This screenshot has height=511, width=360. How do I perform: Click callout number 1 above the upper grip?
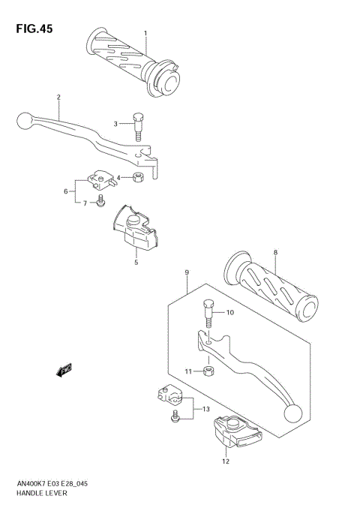point(145,32)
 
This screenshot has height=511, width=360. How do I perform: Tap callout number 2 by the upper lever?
point(58,97)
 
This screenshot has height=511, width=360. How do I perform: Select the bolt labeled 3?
point(138,125)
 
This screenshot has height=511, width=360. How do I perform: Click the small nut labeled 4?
point(139,179)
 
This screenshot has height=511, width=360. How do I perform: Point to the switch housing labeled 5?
point(66,191)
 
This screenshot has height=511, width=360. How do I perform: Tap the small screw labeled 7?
point(276,252)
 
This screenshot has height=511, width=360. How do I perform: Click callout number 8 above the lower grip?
point(186,273)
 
